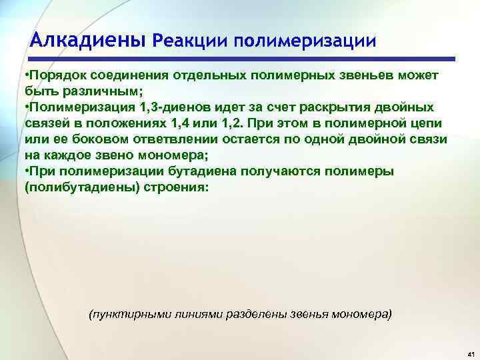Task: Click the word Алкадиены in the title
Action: coord(88,41)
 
